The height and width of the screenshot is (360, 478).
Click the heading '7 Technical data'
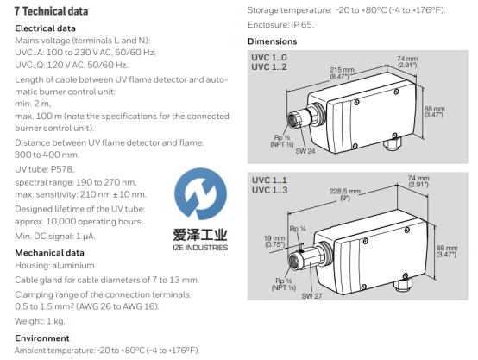tap(51, 11)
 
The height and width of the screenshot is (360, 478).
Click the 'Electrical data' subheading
tap(45, 28)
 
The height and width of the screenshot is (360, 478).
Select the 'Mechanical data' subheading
tap(49, 253)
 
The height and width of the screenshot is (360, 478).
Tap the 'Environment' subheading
tap(42, 338)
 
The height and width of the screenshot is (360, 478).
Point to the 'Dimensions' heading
tap(273, 41)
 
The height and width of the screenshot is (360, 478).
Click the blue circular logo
tap(200, 193)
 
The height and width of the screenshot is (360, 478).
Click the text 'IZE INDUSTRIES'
tap(200, 248)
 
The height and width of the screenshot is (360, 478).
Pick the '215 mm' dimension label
tap(342, 70)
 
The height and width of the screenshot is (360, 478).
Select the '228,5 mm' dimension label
tap(345, 192)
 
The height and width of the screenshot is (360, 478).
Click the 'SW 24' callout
tap(305, 151)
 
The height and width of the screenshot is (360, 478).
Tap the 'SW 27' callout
tap(311, 295)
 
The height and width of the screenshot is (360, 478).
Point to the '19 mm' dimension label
tap(274, 238)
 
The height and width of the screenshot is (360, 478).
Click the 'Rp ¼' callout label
tap(298, 229)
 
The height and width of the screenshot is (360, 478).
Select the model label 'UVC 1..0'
tap(269, 57)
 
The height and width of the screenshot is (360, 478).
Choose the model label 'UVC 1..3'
tap(269, 190)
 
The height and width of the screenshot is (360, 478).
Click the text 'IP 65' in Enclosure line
tap(302, 25)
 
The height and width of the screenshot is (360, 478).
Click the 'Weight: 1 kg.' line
tap(40, 321)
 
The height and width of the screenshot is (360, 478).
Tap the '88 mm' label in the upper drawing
tap(434, 109)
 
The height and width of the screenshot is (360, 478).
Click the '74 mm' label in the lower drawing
tap(418, 178)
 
